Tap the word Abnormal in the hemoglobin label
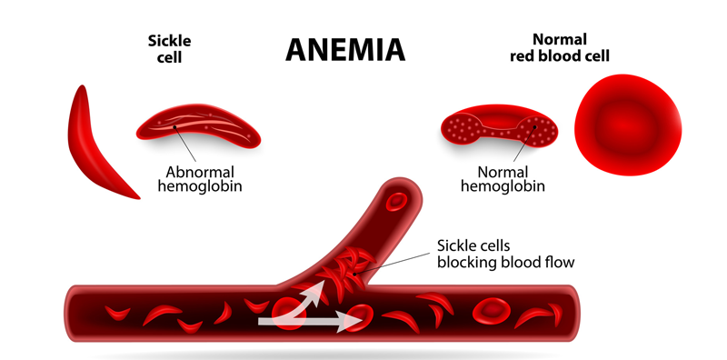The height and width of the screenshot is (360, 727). pos(200,172)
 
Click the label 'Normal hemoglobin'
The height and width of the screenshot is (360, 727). pos(503,179)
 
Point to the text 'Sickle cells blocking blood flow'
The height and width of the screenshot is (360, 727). pos(505,254)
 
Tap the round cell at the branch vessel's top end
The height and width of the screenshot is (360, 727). pos(397,200)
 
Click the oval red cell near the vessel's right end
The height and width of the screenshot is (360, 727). pos(491,312)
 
